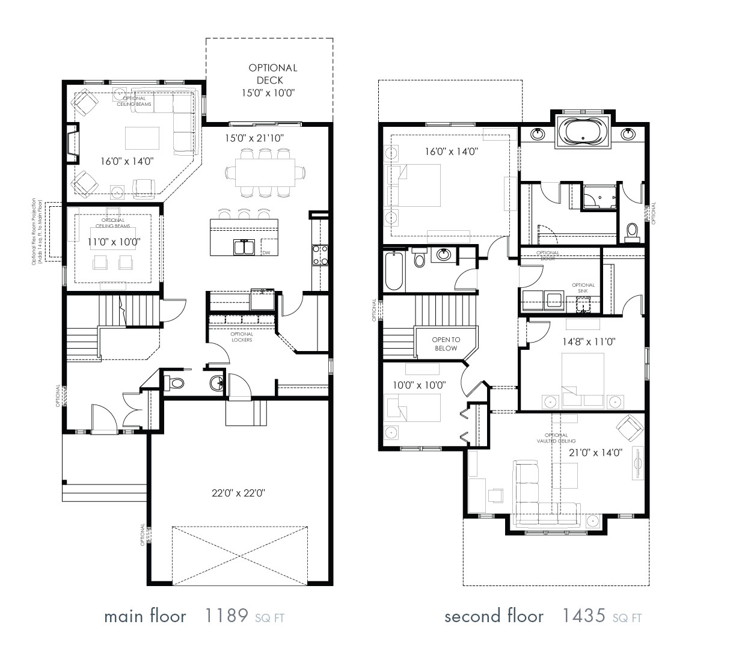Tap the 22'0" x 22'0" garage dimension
tap(239, 493)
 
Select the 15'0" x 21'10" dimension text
tap(254, 138)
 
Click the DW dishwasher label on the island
tap(266, 252)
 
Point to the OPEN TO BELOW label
tap(444, 344)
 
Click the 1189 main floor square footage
tap(227, 616)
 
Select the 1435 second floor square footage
tap(583, 616)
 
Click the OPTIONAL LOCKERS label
tap(242, 337)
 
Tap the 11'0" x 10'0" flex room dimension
tap(114, 242)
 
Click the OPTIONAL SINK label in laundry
tap(583, 288)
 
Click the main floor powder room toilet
tap(174, 383)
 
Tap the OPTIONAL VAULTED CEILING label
tap(556, 438)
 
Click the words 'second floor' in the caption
tap(494, 616)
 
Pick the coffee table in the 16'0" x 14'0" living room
tap(142, 138)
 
